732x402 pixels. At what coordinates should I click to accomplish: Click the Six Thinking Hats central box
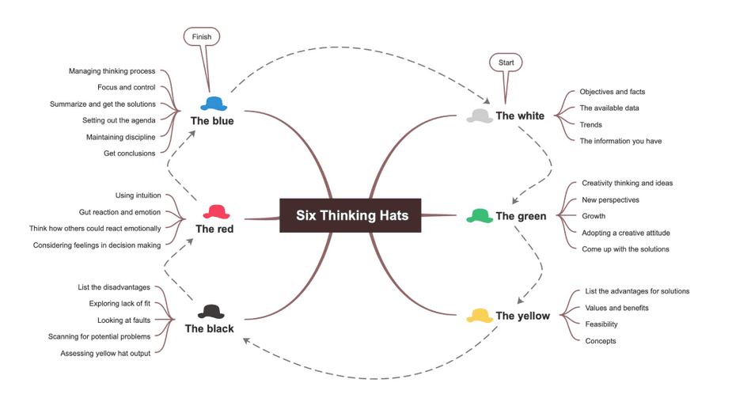click(350, 215)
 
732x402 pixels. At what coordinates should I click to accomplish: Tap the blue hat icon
click(214, 104)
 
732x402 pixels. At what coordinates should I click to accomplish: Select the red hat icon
click(216, 212)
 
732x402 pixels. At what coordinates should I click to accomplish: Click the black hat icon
click(211, 312)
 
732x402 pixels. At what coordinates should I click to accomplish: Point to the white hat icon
click(480, 116)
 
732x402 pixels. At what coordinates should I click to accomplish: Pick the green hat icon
click(480, 216)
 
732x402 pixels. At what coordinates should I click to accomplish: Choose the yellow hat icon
click(480, 316)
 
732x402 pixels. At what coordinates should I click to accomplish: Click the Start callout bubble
click(506, 63)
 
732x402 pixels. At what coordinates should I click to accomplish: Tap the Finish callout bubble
click(202, 36)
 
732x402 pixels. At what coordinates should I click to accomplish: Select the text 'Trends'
click(590, 125)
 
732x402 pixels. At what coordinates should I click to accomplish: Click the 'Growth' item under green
click(594, 216)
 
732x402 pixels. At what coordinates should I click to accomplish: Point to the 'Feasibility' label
click(601, 324)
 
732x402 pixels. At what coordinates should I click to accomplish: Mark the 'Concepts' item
click(601, 341)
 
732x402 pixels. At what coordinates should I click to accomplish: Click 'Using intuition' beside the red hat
click(138, 195)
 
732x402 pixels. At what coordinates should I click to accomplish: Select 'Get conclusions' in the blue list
click(129, 154)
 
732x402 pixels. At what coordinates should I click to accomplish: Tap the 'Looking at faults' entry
click(123, 320)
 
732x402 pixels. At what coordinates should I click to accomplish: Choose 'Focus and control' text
click(126, 87)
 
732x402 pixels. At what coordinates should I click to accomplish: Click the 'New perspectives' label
click(610, 200)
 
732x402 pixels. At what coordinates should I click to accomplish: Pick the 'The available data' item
click(609, 108)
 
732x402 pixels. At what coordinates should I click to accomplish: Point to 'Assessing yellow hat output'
click(105, 354)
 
